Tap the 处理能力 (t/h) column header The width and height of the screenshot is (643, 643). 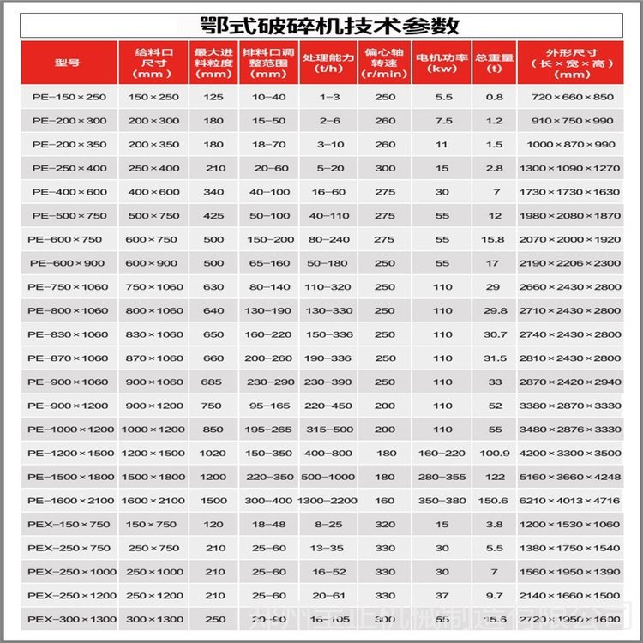pyautogui.click(x=329, y=63)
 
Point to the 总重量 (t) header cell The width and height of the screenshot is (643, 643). pyautogui.click(x=495, y=63)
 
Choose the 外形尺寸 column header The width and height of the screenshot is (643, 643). pyautogui.click(x=567, y=63)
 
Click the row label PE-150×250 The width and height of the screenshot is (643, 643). pyautogui.click(x=69, y=98)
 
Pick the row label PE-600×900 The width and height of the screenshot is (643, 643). pyautogui.click(x=68, y=263)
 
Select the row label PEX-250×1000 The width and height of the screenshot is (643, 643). pyautogui.click(x=68, y=571)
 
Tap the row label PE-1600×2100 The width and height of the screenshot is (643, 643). pyautogui.click(x=68, y=500)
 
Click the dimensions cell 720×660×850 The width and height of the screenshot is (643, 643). pyautogui.click(x=567, y=98)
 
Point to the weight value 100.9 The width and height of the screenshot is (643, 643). pyautogui.click(x=495, y=453)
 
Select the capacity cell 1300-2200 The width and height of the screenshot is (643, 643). pyautogui.click(x=329, y=500)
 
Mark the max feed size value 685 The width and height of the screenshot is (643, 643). pyautogui.click(x=213, y=382)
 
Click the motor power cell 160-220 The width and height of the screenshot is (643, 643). pyautogui.click(x=442, y=453)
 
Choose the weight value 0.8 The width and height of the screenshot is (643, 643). pyautogui.click(x=495, y=98)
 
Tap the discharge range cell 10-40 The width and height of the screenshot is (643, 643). pyautogui.click(x=269, y=98)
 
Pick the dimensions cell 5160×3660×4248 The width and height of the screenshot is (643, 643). pyautogui.click(x=567, y=477)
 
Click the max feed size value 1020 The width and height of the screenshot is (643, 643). pyautogui.click(x=213, y=453)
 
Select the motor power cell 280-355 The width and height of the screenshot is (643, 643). pyautogui.click(x=442, y=477)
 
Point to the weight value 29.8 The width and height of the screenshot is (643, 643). pyautogui.click(x=495, y=310)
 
